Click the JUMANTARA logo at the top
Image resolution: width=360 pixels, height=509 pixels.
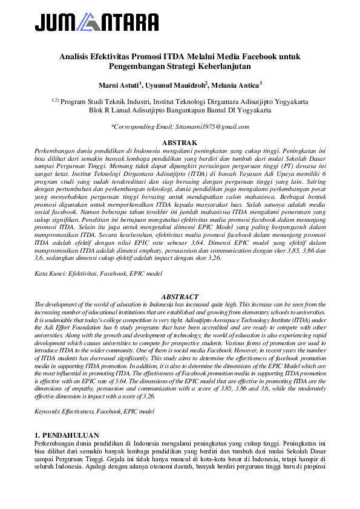(x=97, y=23)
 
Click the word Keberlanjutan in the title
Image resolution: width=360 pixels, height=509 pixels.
(x=224, y=66)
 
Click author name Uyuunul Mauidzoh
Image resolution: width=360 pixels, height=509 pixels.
(x=179, y=85)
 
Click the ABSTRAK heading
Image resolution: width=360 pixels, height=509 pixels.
(x=180, y=143)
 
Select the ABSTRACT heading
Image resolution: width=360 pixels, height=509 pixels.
(x=180, y=297)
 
